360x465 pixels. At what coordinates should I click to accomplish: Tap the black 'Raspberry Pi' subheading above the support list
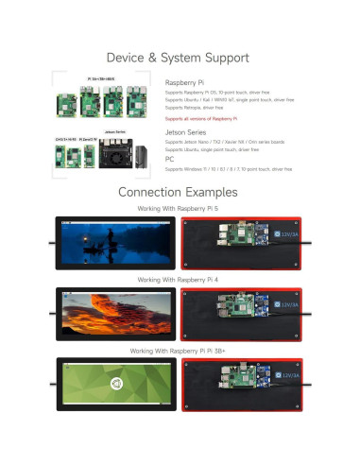pos(185,83)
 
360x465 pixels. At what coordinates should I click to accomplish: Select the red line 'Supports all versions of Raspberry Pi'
pos(200,119)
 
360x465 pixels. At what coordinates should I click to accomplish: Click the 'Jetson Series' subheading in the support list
pos(186,133)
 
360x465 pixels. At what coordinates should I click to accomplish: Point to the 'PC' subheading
pos(169,161)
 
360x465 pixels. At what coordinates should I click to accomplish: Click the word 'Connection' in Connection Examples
pos(149,192)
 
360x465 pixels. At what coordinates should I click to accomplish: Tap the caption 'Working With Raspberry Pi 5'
pos(180,208)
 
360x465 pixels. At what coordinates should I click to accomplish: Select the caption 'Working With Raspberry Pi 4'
pos(180,280)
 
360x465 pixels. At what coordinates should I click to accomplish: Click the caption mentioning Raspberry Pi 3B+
pos(180,350)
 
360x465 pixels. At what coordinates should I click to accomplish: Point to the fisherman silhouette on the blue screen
pos(93,248)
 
